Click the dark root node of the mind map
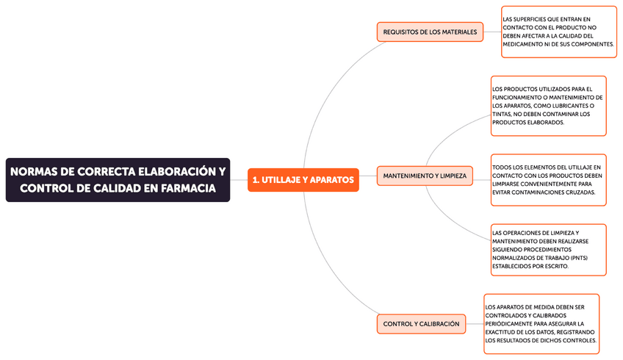coord(118,180)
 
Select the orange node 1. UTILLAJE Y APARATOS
coord(303,179)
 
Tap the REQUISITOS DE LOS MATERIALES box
coord(430,32)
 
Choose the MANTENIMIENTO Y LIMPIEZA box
coord(425,176)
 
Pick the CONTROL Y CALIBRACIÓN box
coord(421,323)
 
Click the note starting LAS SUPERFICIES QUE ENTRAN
coord(558,32)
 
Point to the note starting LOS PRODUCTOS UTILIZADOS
coord(548,106)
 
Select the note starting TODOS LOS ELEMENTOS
coord(548,179)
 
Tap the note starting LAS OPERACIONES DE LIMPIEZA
coord(548,250)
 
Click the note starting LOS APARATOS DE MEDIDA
coord(541,323)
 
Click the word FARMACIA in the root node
coord(184,189)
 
